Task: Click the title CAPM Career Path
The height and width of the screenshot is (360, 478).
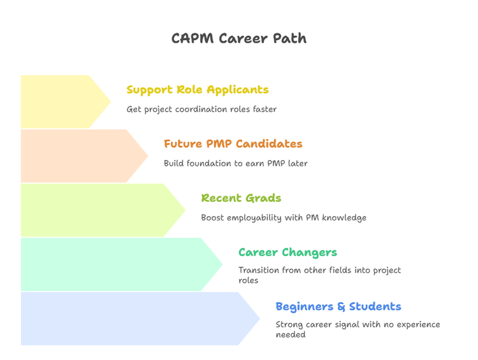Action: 239,38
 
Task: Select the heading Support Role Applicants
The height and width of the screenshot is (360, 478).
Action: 198,90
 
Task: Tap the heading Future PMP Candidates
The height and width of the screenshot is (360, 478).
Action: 233,144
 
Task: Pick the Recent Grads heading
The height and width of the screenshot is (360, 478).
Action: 241,198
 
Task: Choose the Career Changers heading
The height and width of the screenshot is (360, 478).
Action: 287,252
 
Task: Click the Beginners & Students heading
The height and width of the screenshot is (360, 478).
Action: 338,306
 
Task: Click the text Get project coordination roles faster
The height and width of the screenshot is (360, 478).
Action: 201,110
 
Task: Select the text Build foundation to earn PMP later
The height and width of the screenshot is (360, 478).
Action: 235,164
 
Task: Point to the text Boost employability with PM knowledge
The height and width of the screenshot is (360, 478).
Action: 284,218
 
